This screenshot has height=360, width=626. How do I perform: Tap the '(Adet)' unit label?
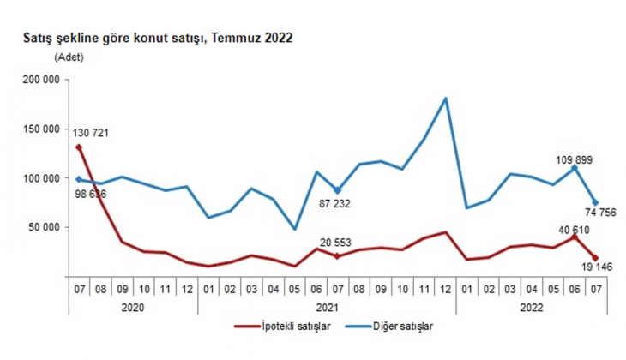pos(70,57)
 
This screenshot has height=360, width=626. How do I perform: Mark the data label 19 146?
pos(579,268)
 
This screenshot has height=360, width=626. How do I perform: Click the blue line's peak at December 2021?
pos(446,99)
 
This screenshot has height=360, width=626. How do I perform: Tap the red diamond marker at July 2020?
pos(79,147)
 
